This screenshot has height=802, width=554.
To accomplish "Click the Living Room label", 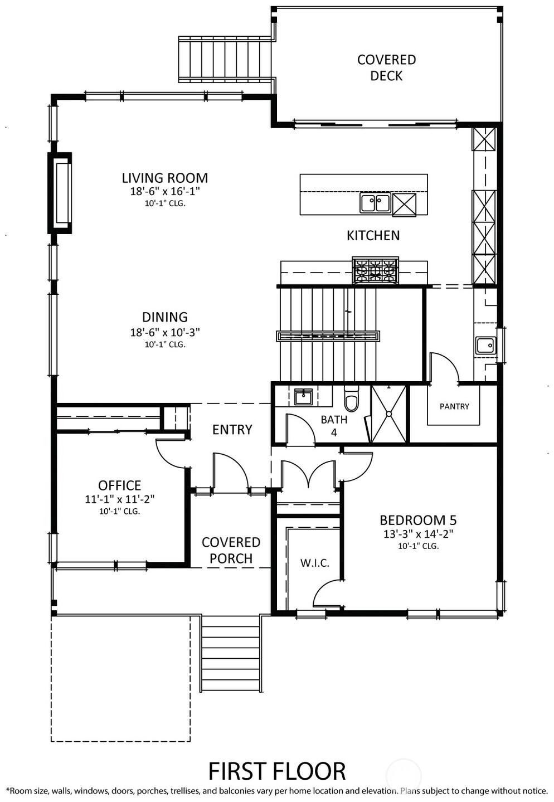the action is coord(165,178).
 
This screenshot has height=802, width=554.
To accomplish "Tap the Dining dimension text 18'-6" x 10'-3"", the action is coord(165,332).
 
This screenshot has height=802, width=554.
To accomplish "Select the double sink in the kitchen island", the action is coord(375,203).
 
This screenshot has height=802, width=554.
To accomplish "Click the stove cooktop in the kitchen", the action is coord(375,270).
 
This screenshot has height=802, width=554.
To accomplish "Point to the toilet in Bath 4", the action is coord(351,398).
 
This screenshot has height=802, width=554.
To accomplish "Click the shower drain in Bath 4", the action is coord(388,414).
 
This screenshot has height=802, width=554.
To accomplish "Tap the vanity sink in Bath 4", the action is coord(303,397).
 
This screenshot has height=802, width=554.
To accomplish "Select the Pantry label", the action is coord(454,406).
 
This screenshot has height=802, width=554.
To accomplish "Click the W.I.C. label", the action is coord(315,563).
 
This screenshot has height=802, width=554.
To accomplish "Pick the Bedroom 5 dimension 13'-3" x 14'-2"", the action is coord(418,534).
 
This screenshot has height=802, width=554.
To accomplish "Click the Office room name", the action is coord(120,485).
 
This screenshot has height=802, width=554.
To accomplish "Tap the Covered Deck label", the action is coord(386,67).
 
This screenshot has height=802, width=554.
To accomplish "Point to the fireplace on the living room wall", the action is coord(60,193).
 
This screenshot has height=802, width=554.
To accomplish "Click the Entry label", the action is coord(232,430).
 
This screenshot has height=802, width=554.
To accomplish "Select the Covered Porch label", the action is coord(231,550).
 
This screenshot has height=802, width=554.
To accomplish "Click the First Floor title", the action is coord(277,771).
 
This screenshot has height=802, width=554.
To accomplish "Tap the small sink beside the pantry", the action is coord(486,346).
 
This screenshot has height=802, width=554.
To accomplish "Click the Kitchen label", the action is coord(373,236).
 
